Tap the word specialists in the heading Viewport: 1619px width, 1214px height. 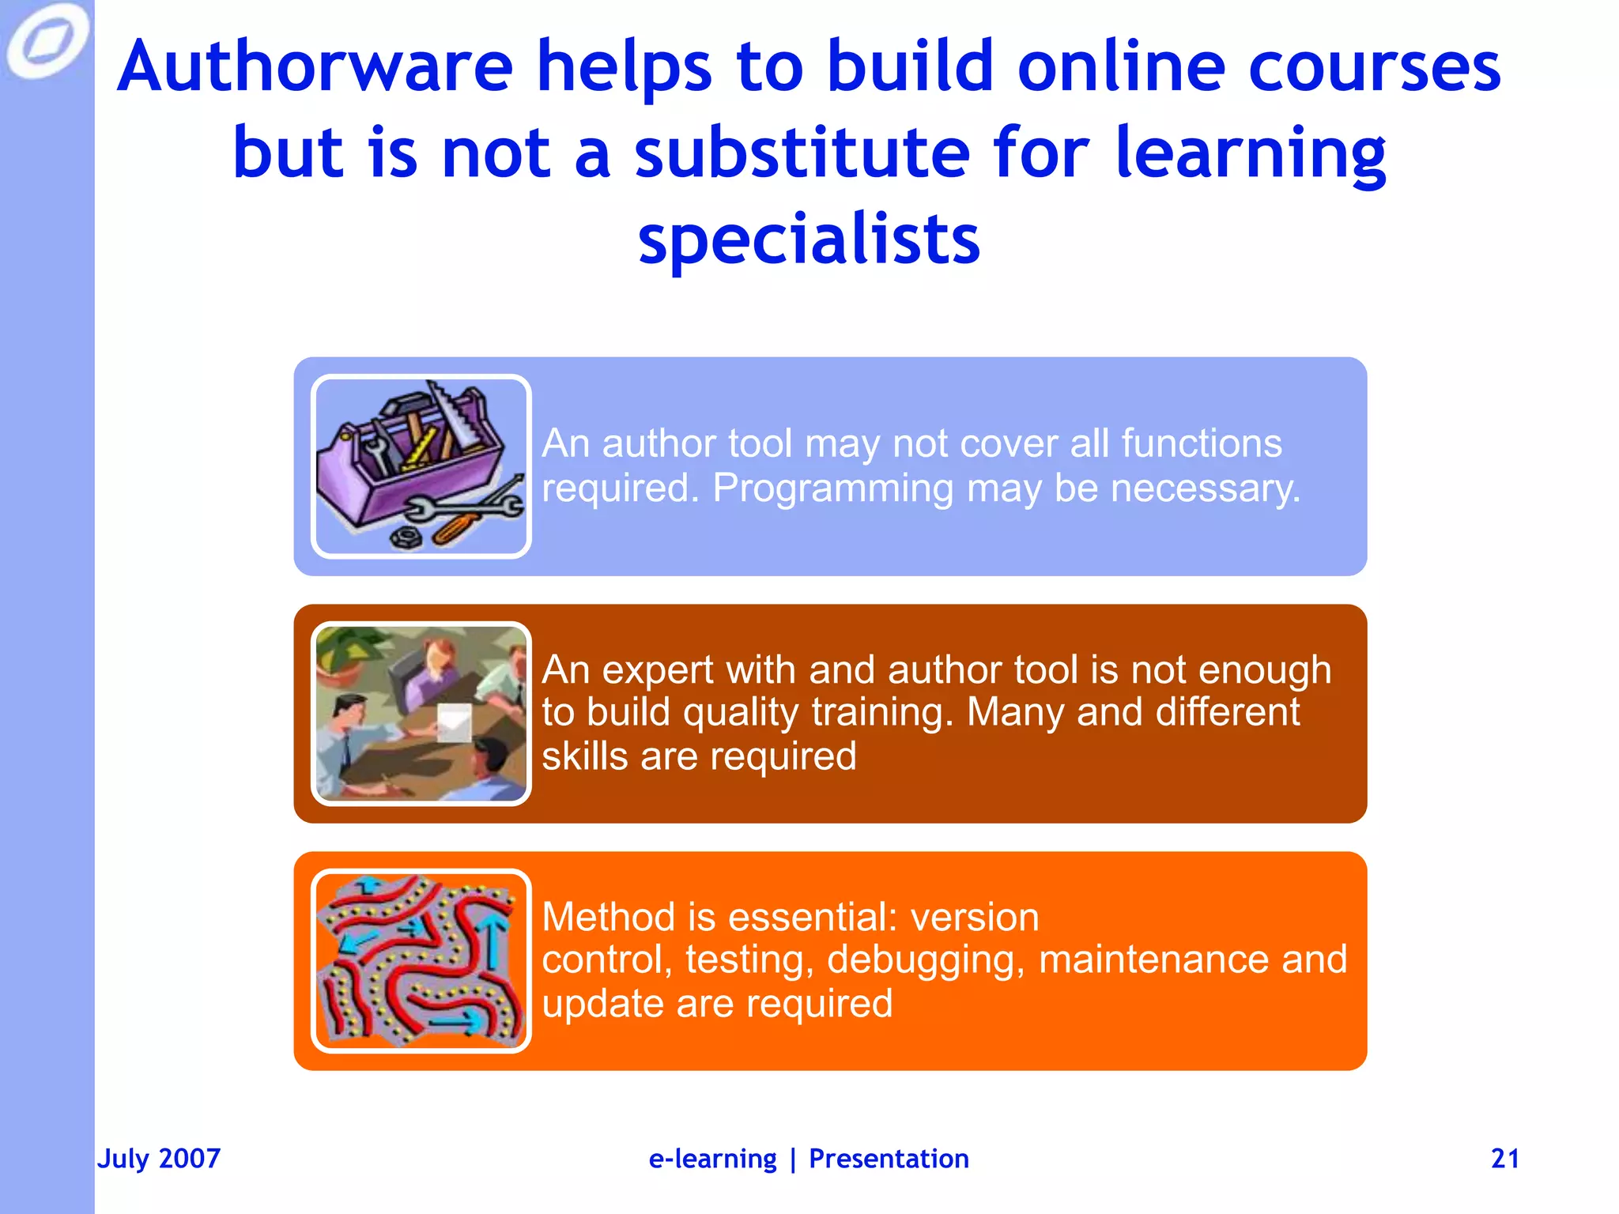(x=809, y=239)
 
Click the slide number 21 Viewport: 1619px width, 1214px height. (x=1504, y=1159)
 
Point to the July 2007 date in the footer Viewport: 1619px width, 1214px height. (x=159, y=1159)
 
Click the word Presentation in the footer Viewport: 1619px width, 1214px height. (x=889, y=1159)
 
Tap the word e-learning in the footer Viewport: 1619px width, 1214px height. (x=712, y=1159)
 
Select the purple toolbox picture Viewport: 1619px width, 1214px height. (x=421, y=466)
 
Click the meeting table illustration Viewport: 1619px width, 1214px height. (x=421, y=714)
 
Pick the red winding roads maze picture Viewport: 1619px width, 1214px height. (x=421, y=961)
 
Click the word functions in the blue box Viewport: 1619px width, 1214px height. (x=1201, y=443)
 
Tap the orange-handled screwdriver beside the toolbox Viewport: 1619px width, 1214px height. (x=455, y=529)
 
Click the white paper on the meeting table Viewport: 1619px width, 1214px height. (x=455, y=722)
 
